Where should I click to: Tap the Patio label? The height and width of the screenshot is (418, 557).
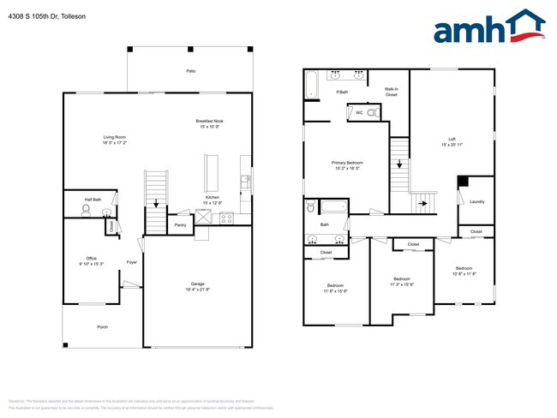(189, 71)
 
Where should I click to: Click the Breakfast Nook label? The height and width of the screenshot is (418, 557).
(210, 122)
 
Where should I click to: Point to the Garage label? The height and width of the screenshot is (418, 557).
(198, 284)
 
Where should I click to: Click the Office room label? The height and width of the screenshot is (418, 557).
(91, 258)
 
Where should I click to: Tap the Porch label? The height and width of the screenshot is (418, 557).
(102, 326)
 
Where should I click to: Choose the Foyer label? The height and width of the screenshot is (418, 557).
(132, 262)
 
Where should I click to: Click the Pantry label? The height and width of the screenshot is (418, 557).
(180, 224)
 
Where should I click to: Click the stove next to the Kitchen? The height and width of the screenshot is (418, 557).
(227, 218)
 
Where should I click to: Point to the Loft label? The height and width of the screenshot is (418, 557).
(452, 139)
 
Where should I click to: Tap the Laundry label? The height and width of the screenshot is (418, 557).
(476, 202)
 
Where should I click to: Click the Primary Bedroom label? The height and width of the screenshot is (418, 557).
(347, 162)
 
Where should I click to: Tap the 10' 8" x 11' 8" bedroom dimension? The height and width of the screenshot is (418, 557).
(464, 273)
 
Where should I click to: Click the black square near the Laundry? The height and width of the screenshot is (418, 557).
(463, 181)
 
